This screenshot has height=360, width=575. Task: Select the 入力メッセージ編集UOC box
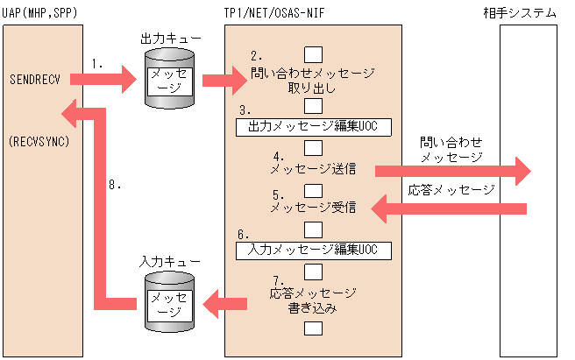(x=313, y=251)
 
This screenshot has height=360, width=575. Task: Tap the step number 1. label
(x=98, y=63)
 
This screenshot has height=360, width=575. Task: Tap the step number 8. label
(x=113, y=186)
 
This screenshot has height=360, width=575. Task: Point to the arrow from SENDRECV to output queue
(x=104, y=81)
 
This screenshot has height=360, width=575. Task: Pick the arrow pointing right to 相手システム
(x=451, y=170)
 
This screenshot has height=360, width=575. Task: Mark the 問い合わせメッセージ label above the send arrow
(x=451, y=149)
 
